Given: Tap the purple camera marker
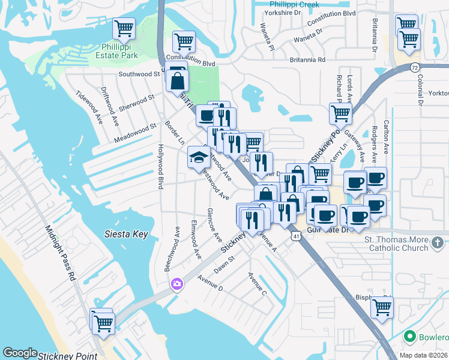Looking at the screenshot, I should click(176, 284).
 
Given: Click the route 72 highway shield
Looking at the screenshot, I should click(414, 67).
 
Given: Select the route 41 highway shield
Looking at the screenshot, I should click(297, 236).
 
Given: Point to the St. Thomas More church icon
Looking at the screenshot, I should click(438, 242).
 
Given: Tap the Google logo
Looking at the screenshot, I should click(20, 353).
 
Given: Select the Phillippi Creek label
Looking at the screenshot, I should click(294, 4).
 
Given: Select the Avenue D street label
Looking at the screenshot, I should click(209, 283).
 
